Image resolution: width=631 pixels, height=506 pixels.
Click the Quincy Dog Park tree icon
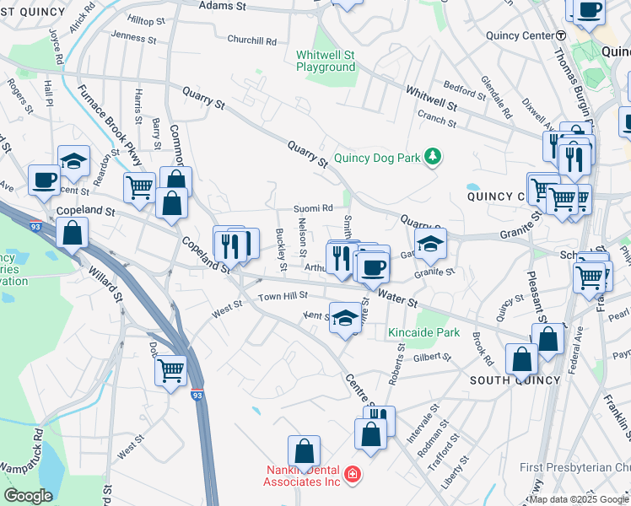pyautogui.click(x=433, y=157)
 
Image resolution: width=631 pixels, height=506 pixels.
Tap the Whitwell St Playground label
pyautogui.click(x=326, y=61)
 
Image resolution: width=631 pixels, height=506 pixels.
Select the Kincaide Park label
pyautogui.click(x=423, y=332)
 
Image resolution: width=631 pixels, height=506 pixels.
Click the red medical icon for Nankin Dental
pyautogui.click(x=351, y=476)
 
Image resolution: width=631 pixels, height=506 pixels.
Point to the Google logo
pyautogui.click(x=28, y=496)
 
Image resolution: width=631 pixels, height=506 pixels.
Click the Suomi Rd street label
pyautogui.click(x=313, y=207)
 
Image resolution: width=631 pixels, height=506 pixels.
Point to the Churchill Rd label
pyautogui.click(x=252, y=40)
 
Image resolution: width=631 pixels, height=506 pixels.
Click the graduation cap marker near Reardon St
pyautogui.click(x=74, y=160)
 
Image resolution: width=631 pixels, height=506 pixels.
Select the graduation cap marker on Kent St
pyautogui.click(x=344, y=318)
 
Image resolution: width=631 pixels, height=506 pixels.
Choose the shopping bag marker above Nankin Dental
pyautogui.click(x=304, y=450)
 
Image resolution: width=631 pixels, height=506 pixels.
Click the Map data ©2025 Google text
pyautogui.click(x=579, y=499)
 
